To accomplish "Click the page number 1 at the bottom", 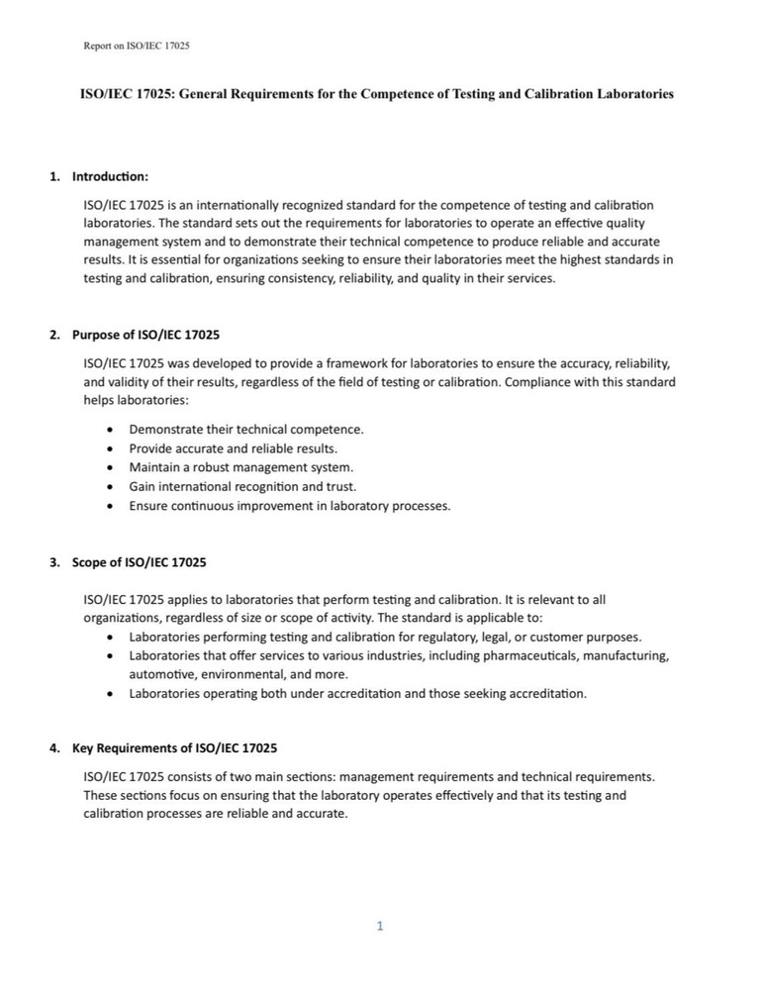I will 379,926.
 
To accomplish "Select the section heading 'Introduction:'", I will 110,177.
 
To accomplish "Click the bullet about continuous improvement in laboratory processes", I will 289,506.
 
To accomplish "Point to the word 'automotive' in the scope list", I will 159,674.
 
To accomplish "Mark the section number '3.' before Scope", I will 55,562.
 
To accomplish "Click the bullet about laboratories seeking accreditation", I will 357,693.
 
